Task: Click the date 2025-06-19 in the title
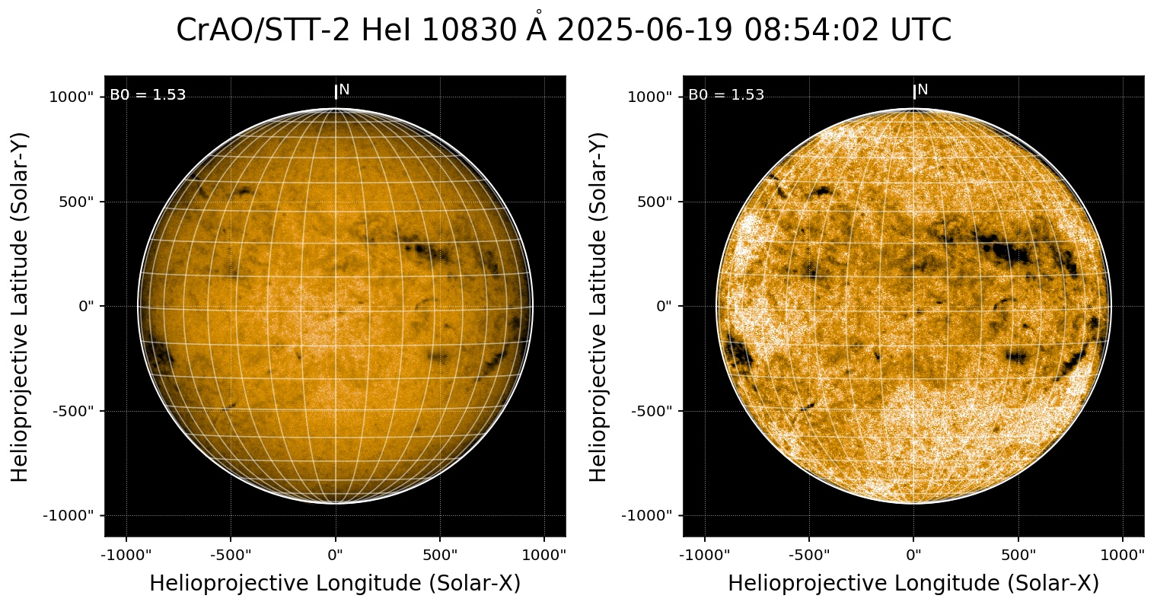[x=644, y=31]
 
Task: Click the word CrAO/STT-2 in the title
[x=264, y=31]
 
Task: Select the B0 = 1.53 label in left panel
[x=148, y=95]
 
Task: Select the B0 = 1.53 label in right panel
[x=726, y=95]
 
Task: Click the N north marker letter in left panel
[x=344, y=90]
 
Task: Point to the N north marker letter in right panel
[x=923, y=90]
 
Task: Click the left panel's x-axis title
[x=335, y=584]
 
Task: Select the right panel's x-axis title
[x=913, y=584]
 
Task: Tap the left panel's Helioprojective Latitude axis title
[x=21, y=306]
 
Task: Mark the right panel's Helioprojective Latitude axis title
[x=599, y=306]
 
